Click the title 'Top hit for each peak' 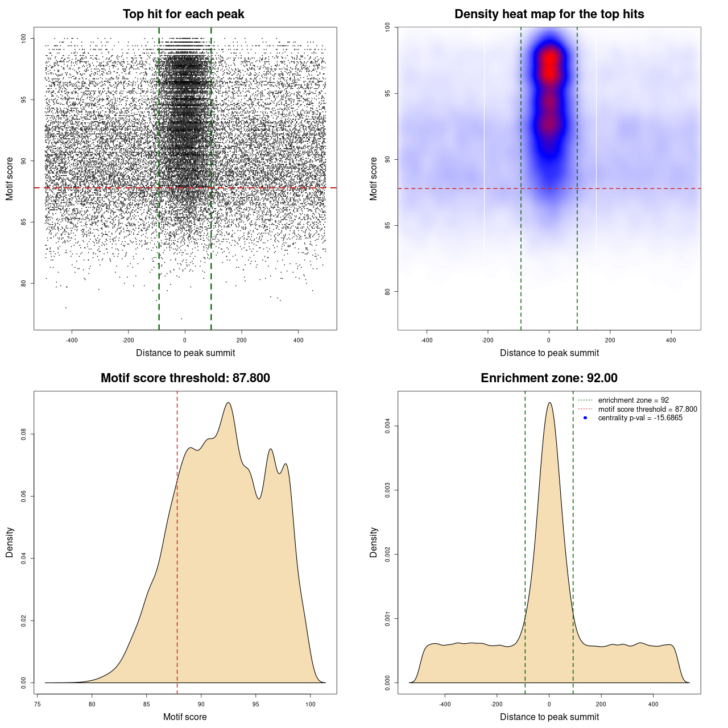183,14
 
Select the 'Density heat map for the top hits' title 549,14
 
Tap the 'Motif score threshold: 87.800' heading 185,378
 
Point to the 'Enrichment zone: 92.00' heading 549,378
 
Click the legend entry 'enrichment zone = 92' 633,400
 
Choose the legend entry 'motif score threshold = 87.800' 647,409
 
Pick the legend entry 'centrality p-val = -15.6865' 640,418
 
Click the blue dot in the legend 585,418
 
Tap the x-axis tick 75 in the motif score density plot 38,704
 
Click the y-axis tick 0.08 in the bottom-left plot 23,435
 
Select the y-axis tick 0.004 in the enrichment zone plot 387,426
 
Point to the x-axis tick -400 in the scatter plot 72,340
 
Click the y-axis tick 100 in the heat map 387,27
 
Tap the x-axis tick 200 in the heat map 610,340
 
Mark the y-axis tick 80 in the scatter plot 23,283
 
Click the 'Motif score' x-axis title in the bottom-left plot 185,717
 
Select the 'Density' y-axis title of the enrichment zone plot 374,542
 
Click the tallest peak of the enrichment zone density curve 549,403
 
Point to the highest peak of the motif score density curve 228,403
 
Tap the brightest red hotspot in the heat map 549,65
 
